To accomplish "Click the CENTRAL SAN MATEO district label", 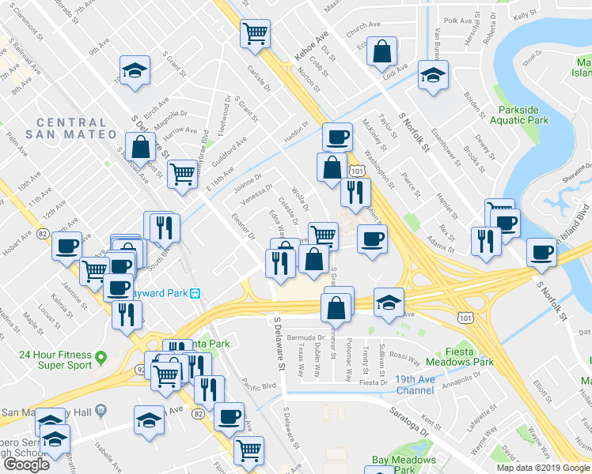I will [x=71, y=129].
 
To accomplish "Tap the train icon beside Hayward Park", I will [x=194, y=294].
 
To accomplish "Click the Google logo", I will [x=27, y=465].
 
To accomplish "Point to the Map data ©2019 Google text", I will [x=544, y=468].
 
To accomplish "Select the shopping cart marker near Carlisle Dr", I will [x=255, y=34].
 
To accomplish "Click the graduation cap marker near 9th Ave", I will [x=135, y=71].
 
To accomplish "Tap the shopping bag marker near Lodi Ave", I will [x=382, y=53].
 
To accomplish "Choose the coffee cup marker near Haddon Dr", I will [x=336, y=137].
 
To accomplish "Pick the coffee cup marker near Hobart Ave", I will [x=67, y=246].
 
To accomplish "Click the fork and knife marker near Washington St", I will [x=355, y=192].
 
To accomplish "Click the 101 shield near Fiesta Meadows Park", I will [x=465, y=316].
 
